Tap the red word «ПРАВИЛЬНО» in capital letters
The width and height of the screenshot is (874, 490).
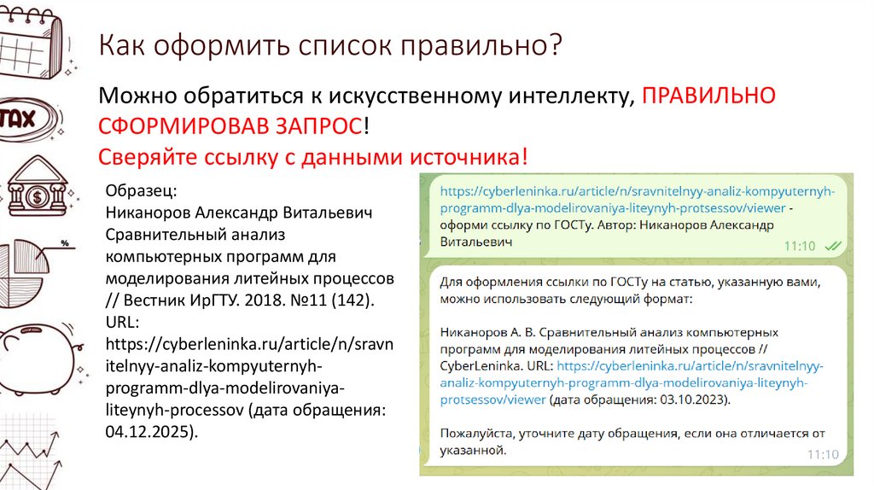click(708, 96)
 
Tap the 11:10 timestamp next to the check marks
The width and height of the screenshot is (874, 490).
click(800, 246)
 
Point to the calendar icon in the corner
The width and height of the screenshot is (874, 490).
click(32, 34)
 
